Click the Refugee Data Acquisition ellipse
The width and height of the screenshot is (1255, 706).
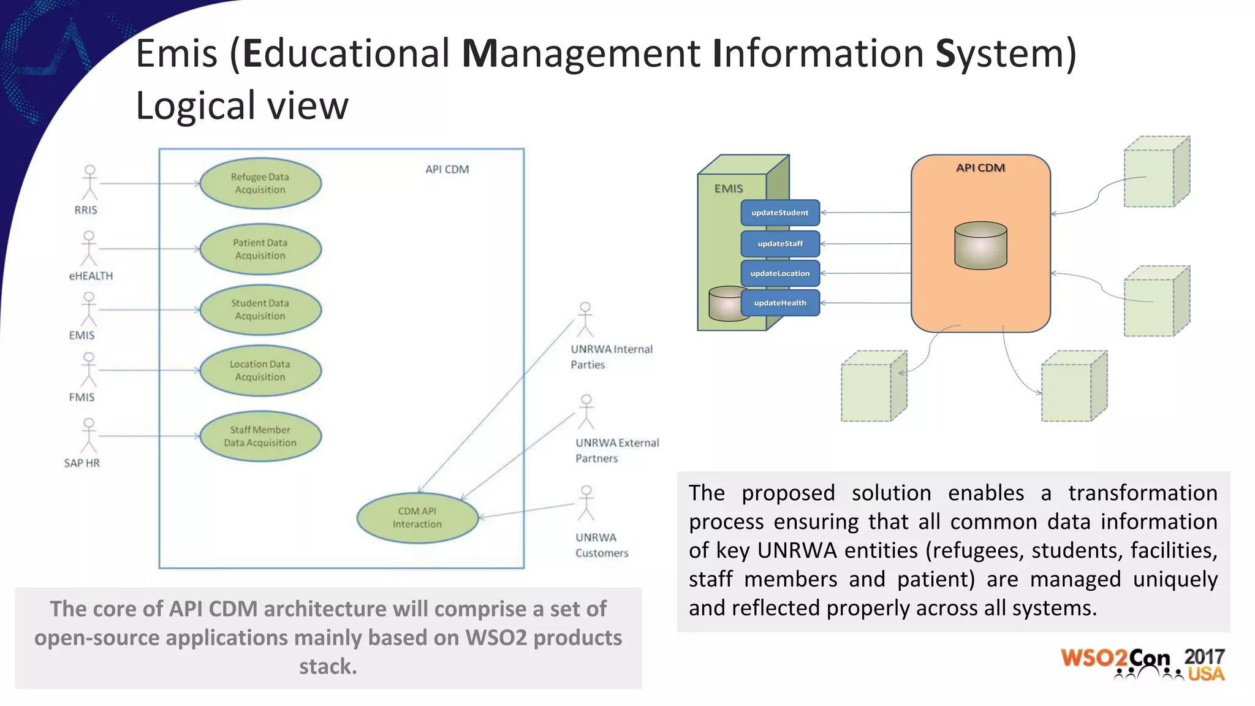[260, 183]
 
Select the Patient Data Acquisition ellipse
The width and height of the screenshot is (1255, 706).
[260, 249]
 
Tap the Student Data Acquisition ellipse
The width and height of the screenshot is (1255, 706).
[260, 309]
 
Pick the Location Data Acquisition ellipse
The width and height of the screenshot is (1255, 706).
[260, 370]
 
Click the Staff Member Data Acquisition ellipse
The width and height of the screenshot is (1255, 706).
[260, 436]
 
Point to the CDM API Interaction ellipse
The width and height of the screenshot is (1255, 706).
[417, 518]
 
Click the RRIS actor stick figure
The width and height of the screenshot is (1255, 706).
[90, 182]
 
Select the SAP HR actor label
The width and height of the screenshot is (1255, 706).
[82, 463]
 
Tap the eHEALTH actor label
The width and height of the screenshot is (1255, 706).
[91, 276]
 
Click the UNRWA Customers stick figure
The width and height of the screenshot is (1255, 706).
[586, 503]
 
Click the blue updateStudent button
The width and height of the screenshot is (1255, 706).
[779, 213]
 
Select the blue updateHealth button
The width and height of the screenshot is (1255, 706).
[779, 303]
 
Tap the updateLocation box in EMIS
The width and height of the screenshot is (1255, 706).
[779, 273]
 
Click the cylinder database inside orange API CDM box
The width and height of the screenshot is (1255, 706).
[980, 245]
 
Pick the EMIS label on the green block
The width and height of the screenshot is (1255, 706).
[728, 189]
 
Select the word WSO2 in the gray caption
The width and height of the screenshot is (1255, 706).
[496, 638]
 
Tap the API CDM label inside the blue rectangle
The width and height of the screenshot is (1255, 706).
[447, 169]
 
